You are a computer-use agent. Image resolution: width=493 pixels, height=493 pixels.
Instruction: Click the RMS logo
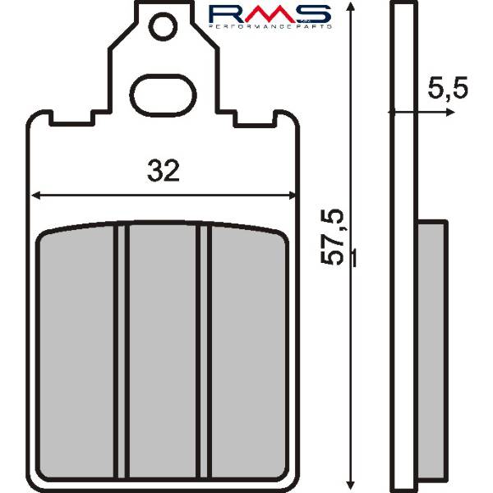coord(270,16)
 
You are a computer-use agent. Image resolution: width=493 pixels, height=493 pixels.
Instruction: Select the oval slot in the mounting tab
coord(163,95)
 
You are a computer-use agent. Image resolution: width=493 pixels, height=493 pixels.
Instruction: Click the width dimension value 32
coord(164,170)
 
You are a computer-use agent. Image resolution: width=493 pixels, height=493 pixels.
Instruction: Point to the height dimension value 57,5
coord(331,237)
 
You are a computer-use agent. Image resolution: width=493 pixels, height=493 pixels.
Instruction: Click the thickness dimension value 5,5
coord(448,87)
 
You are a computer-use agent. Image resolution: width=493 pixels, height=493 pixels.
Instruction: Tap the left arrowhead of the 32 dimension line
coord(36,196)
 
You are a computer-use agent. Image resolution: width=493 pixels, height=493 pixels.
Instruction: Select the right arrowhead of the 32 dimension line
coord(291,196)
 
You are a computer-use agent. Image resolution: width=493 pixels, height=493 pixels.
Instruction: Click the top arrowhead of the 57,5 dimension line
coord(350,7)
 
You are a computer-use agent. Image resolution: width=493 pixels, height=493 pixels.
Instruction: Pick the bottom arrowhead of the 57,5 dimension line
coord(350,486)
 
